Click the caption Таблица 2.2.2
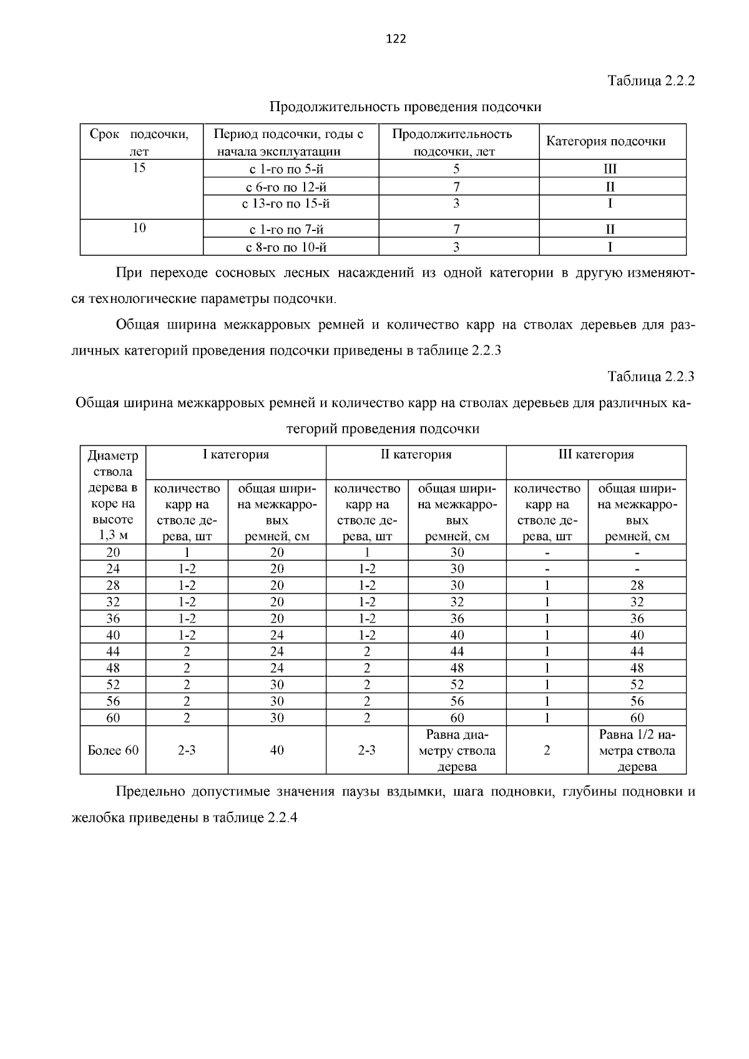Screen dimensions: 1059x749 [x=650, y=81]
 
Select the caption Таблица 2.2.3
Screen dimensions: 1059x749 [x=650, y=377]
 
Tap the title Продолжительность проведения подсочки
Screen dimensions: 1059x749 [x=405, y=107]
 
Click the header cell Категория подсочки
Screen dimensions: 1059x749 [x=605, y=141]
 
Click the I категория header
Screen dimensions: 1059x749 [x=236, y=455]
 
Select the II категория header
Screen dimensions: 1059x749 [x=416, y=455]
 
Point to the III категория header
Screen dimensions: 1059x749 [x=595, y=455]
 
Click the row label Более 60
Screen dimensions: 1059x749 [x=113, y=751]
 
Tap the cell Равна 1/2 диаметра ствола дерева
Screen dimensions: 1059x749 [x=637, y=751]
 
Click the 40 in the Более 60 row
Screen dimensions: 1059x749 [x=277, y=751]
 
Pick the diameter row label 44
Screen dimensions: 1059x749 [x=113, y=651]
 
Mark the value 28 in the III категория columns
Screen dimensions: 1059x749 [x=637, y=586]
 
